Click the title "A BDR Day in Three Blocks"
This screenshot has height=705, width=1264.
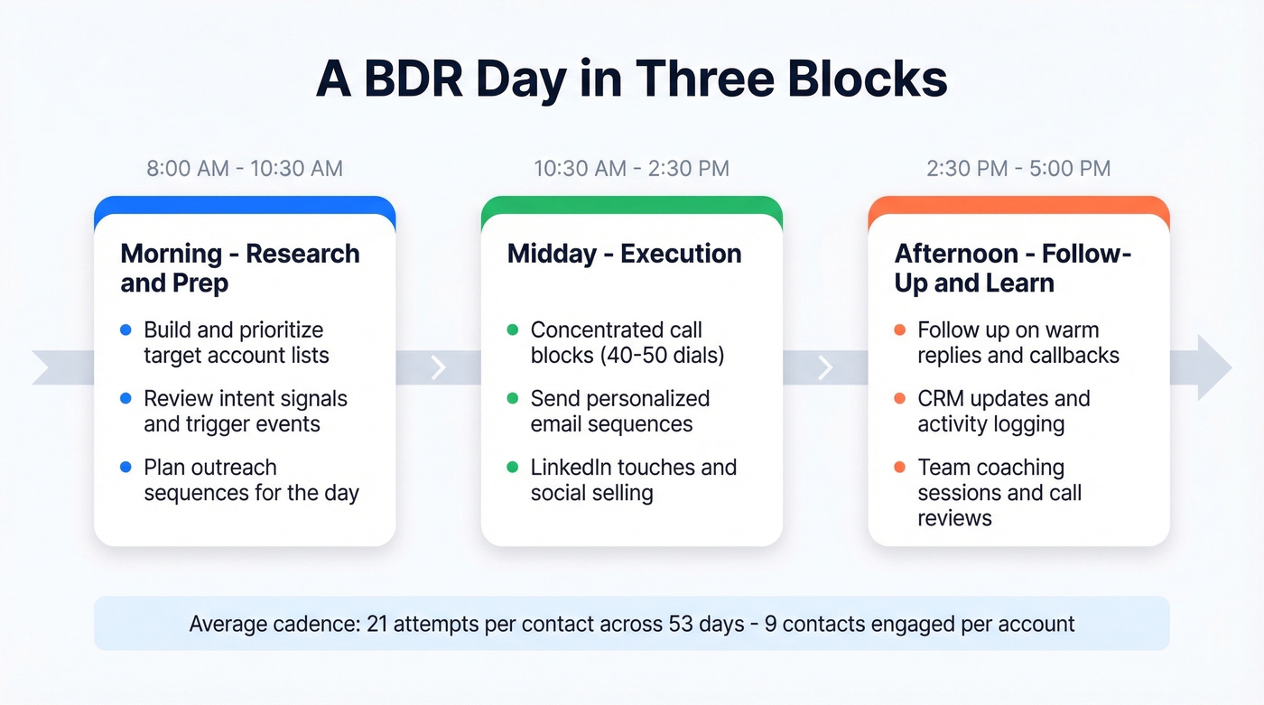point(631,79)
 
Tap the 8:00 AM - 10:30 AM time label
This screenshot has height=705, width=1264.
point(245,168)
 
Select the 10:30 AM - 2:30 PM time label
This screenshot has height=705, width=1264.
point(631,168)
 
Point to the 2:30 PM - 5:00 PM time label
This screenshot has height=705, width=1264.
point(1018,168)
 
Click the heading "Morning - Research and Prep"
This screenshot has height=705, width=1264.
point(240,268)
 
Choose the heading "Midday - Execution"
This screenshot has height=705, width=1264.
point(625,254)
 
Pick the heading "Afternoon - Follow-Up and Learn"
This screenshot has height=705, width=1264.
point(1013,268)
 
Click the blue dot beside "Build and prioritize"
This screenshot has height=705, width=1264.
point(125,330)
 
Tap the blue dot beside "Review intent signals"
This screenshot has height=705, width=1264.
point(125,399)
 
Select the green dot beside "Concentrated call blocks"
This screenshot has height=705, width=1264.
point(513,330)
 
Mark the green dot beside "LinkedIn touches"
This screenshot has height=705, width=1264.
point(513,468)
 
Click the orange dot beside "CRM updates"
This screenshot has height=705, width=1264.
point(900,399)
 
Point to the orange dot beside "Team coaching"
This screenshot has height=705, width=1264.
point(900,468)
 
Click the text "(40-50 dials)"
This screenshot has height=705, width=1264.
point(662,356)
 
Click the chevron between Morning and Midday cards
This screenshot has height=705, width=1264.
point(439,367)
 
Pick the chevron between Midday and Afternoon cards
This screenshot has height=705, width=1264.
point(825,367)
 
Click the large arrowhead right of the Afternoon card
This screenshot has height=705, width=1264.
point(1212,367)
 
